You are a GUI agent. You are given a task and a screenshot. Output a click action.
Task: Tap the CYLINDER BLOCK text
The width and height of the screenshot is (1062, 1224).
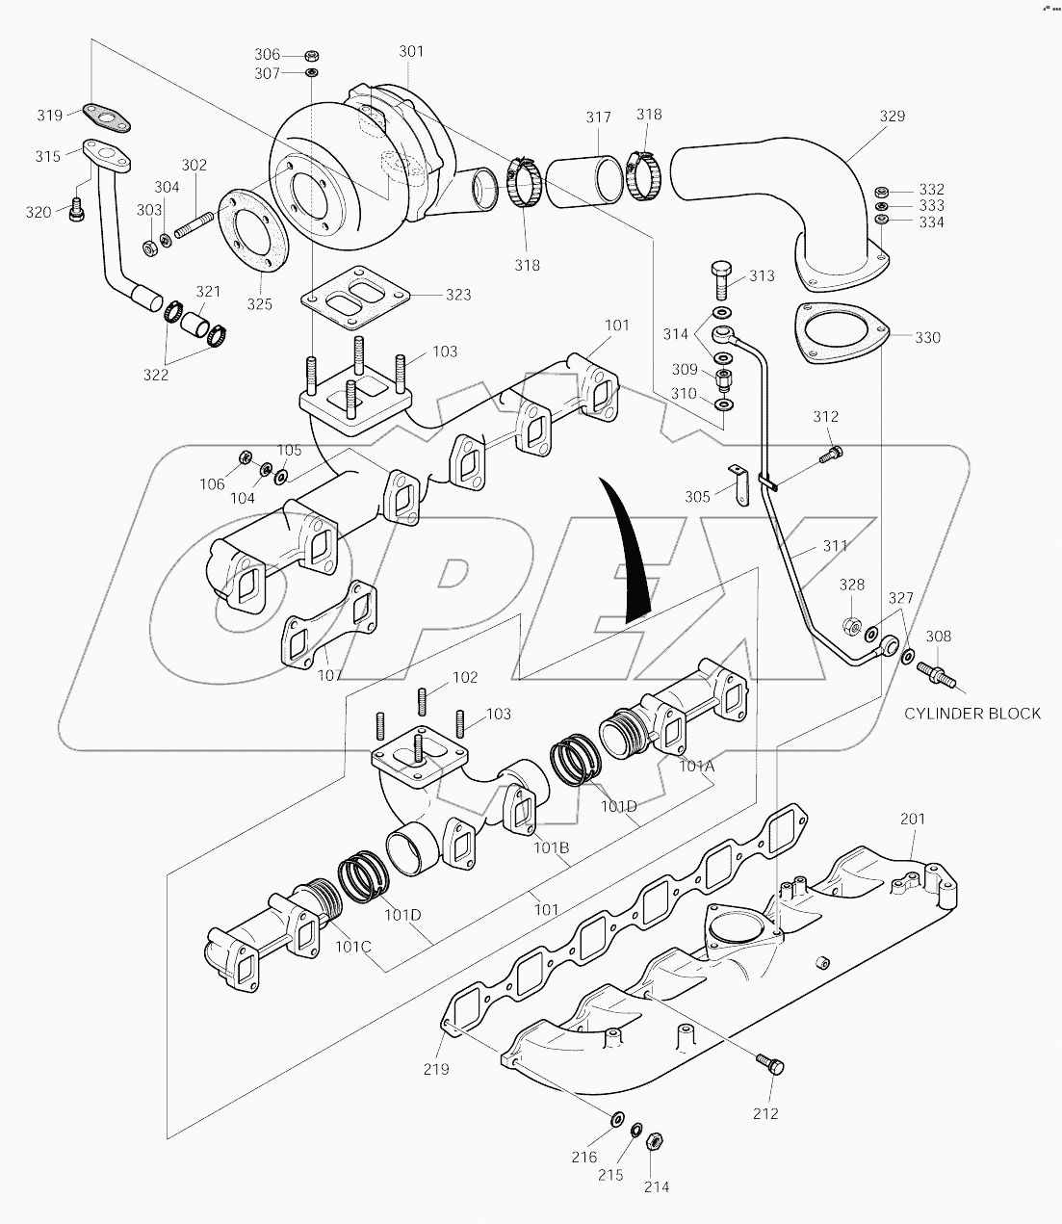pyautogui.click(x=972, y=714)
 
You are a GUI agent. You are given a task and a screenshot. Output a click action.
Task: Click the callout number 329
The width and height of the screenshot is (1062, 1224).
pyautogui.click(x=893, y=116)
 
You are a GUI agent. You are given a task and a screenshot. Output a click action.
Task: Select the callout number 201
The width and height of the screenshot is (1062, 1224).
pyautogui.click(x=912, y=819)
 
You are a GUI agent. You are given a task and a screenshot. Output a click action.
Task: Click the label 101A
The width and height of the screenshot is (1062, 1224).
pyautogui.click(x=696, y=767)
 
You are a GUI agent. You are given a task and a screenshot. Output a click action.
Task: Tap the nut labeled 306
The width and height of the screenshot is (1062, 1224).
pyautogui.click(x=313, y=55)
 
